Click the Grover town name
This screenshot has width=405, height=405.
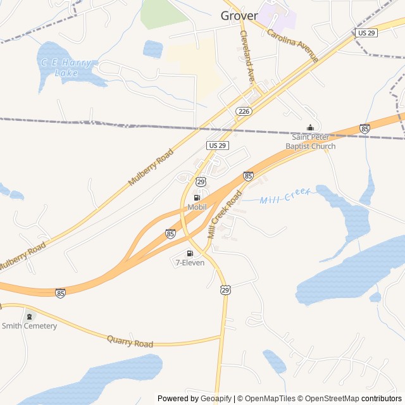click(x=239, y=15)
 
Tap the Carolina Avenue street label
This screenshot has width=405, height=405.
click(x=292, y=46)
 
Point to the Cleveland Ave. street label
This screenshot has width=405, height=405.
click(x=247, y=57)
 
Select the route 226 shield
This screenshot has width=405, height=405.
click(x=244, y=111)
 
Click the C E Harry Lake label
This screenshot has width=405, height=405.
click(x=66, y=68)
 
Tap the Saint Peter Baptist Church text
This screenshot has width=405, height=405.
click(x=310, y=142)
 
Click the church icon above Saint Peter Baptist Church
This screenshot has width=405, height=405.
click(x=310, y=128)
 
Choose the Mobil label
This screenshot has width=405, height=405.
click(x=197, y=207)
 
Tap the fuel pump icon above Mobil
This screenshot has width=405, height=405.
click(x=197, y=197)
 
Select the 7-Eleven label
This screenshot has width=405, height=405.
click(x=190, y=263)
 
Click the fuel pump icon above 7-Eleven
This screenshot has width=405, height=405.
click(x=190, y=253)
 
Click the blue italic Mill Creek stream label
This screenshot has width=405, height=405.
click(x=285, y=197)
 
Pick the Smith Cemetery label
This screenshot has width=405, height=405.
click(x=29, y=326)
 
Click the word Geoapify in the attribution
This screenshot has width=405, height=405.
click(x=216, y=399)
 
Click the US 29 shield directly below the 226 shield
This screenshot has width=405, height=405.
click(x=217, y=146)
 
